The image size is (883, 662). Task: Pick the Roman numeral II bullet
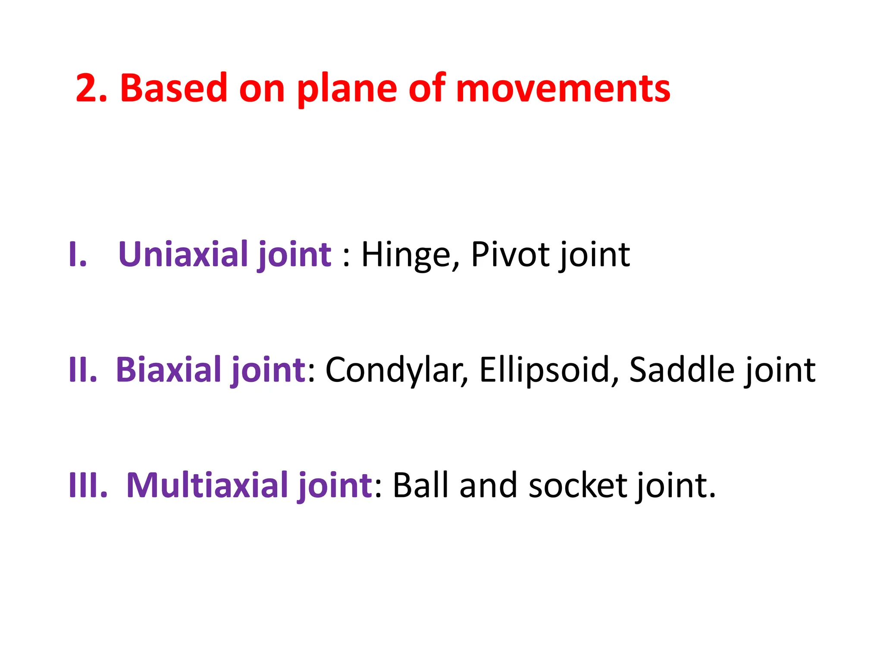(82, 370)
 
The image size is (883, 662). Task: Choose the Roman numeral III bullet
(88, 485)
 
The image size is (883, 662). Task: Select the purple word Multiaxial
(207, 485)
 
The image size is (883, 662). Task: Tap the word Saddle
(682, 370)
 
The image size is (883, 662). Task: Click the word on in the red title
(262, 90)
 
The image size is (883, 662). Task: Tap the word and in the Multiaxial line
(488, 485)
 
